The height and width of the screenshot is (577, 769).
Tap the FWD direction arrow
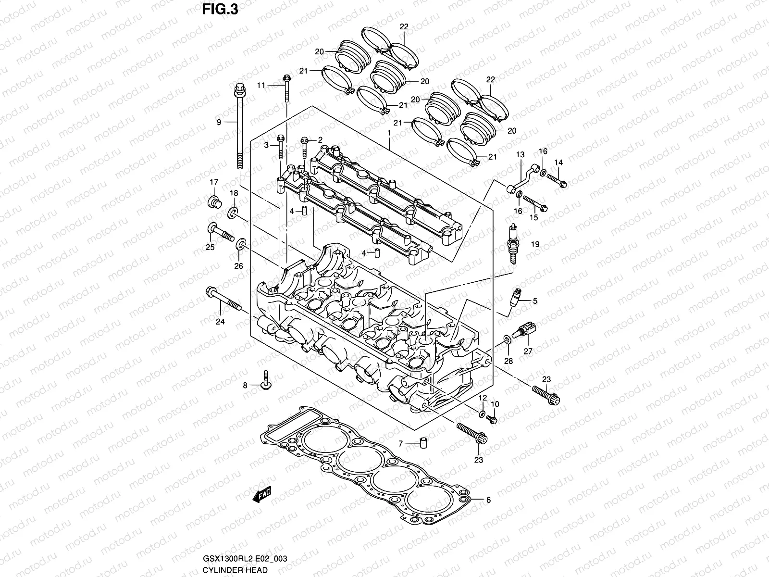coord(261,495)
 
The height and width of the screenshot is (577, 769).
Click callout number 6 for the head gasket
coord(488,500)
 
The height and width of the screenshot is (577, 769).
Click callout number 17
coord(213,182)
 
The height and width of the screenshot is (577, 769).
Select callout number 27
coord(528,351)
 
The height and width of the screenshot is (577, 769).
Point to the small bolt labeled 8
coord(265,380)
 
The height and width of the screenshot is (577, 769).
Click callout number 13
coord(520,154)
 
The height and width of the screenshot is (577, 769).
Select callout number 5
coord(534,301)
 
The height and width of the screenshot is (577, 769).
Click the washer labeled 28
coord(508,341)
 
